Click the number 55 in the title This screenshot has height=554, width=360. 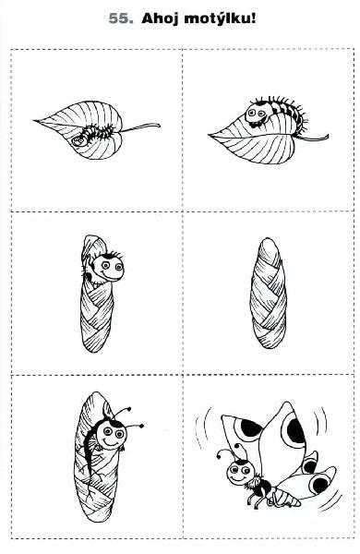click(x=121, y=18)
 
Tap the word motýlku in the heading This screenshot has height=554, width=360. click(x=217, y=18)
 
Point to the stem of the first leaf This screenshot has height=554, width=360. click(x=140, y=127)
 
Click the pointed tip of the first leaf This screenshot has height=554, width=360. click(x=35, y=121)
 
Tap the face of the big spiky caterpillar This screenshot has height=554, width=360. click(x=256, y=114)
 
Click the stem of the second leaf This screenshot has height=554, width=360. click(x=312, y=138)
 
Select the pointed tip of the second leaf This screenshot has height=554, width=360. click(x=210, y=135)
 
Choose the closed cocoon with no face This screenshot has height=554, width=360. click(x=268, y=294)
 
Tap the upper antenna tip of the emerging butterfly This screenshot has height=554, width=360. click(x=129, y=409)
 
